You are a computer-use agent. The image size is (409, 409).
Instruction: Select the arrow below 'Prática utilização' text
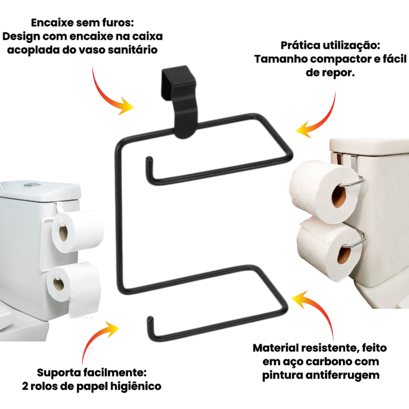click(x=324, y=121)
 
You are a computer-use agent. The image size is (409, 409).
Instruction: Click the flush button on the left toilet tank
click(x=32, y=185)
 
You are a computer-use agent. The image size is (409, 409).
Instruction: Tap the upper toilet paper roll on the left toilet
click(x=78, y=231)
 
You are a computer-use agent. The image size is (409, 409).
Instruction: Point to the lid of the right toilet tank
click(x=369, y=146)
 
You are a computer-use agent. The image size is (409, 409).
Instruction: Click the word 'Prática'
click(x=300, y=46)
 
